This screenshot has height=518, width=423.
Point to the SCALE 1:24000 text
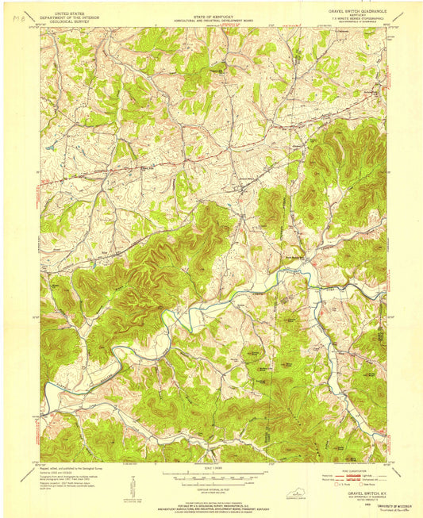coord(211,469)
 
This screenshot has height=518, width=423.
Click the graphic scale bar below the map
coord(211,477)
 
